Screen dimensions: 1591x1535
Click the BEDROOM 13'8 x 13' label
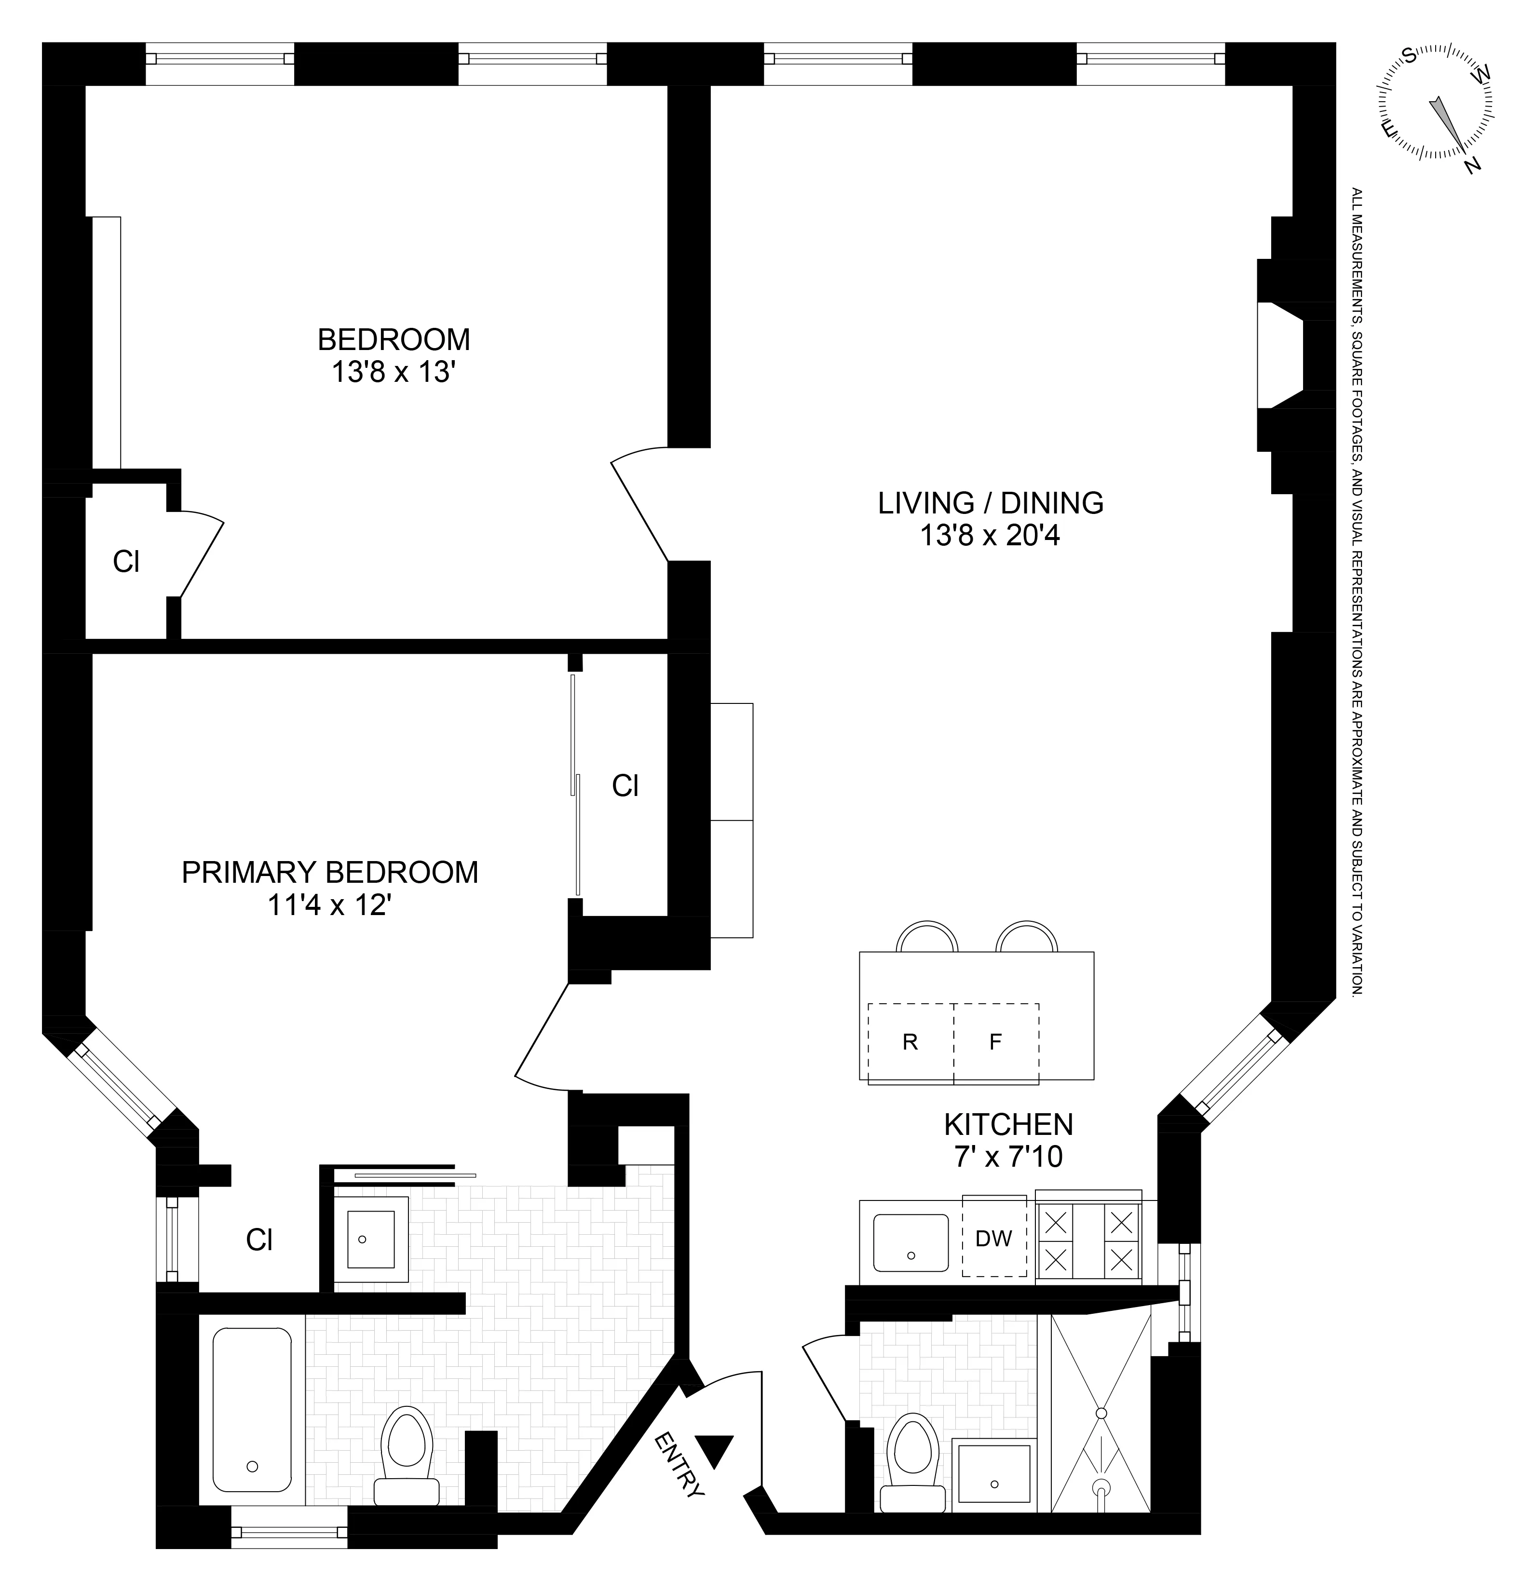[x=393, y=355]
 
